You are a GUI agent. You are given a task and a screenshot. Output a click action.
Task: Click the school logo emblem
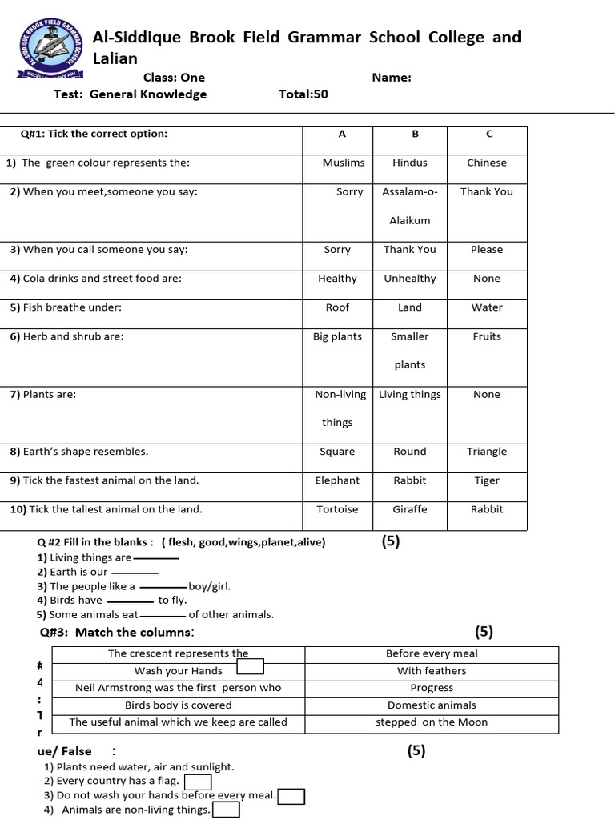50,49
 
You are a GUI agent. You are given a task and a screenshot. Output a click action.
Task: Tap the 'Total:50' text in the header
303,94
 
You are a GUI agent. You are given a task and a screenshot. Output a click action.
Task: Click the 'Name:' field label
392,78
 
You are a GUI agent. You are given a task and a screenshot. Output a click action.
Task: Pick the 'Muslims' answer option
343,163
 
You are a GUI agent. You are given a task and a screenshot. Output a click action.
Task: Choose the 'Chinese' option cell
487,163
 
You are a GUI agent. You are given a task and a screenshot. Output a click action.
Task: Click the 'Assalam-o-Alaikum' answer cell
410,206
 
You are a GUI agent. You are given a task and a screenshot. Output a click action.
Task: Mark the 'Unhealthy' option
410,279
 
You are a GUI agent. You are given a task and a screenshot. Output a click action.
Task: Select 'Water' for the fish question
487,307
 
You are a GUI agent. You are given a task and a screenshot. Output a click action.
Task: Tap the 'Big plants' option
337,336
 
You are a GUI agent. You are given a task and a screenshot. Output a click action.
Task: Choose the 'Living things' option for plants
410,394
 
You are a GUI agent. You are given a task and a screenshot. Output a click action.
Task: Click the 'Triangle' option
487,452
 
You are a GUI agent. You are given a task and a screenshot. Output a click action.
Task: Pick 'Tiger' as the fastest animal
487,480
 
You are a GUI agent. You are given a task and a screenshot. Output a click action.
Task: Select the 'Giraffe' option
410,509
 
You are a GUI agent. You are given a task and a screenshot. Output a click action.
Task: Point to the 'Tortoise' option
337,509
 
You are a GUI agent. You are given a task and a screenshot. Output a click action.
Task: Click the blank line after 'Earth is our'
135,573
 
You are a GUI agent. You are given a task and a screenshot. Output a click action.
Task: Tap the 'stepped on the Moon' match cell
432,722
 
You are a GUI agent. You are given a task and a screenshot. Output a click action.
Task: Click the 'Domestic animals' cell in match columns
432,705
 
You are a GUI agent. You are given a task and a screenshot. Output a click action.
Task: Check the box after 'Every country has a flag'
198,782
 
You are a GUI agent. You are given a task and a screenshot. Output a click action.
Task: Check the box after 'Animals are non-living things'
227,810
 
